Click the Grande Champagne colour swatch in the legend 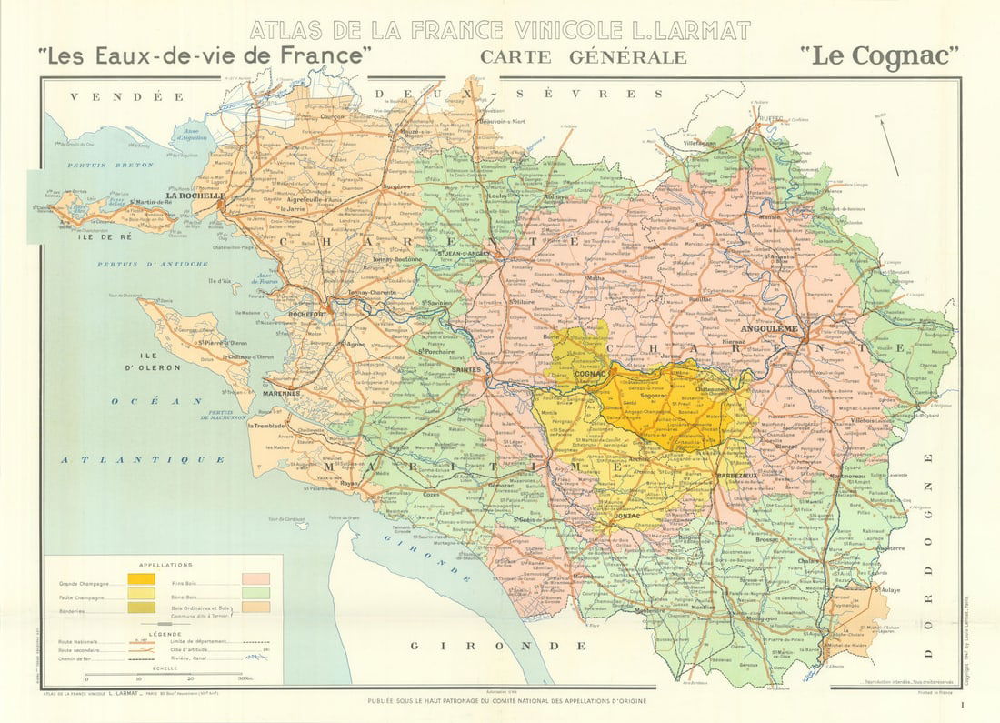click(x=141, y=579)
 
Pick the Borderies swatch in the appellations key click(x=141, y=607)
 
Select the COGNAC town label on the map click(x=591, y=375)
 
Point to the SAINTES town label click(x=465, y=370)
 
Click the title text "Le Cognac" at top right click(x=881, y=56)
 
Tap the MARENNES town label click(x=283, y=394)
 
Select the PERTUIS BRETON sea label click(x=94, y=165)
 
